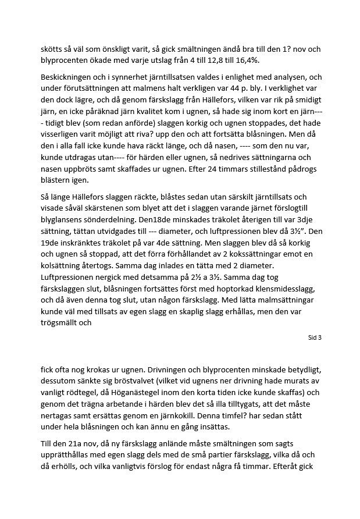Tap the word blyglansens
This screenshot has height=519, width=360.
coord(63,209)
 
